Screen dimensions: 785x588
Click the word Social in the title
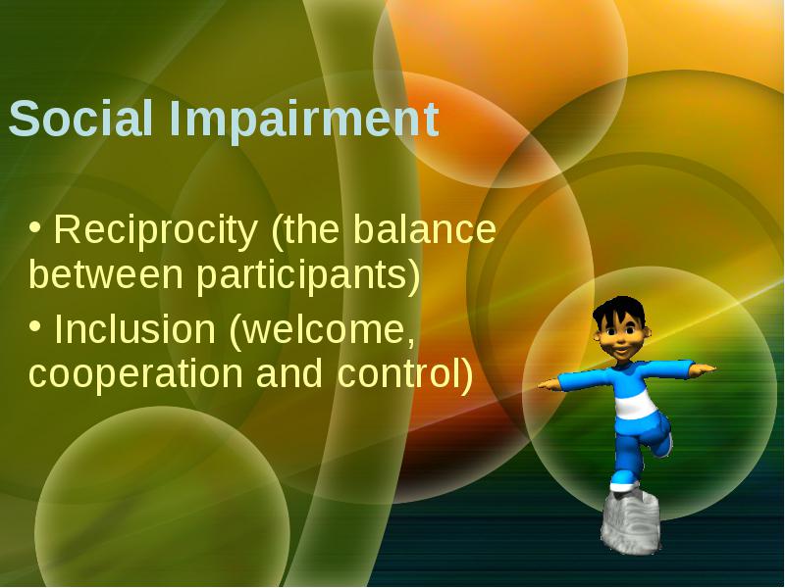(x=80, y=118)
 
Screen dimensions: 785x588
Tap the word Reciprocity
(x=155, y=231)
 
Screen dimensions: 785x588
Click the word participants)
(x=308, y=277)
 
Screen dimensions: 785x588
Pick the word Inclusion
(x=134, y=328)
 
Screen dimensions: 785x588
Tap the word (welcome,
(x=322, y=330)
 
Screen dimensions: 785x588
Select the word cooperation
(x=135, y=375)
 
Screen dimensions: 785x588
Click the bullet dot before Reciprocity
(x=34, y=227)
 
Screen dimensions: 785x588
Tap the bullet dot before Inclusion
(x=34, y=326)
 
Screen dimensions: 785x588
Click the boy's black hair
(x=619, y=311)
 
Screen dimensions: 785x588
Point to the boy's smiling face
(x=621, y=340)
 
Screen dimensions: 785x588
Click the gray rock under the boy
(x=630, y=522)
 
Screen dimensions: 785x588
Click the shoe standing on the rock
(x=624, y=485)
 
